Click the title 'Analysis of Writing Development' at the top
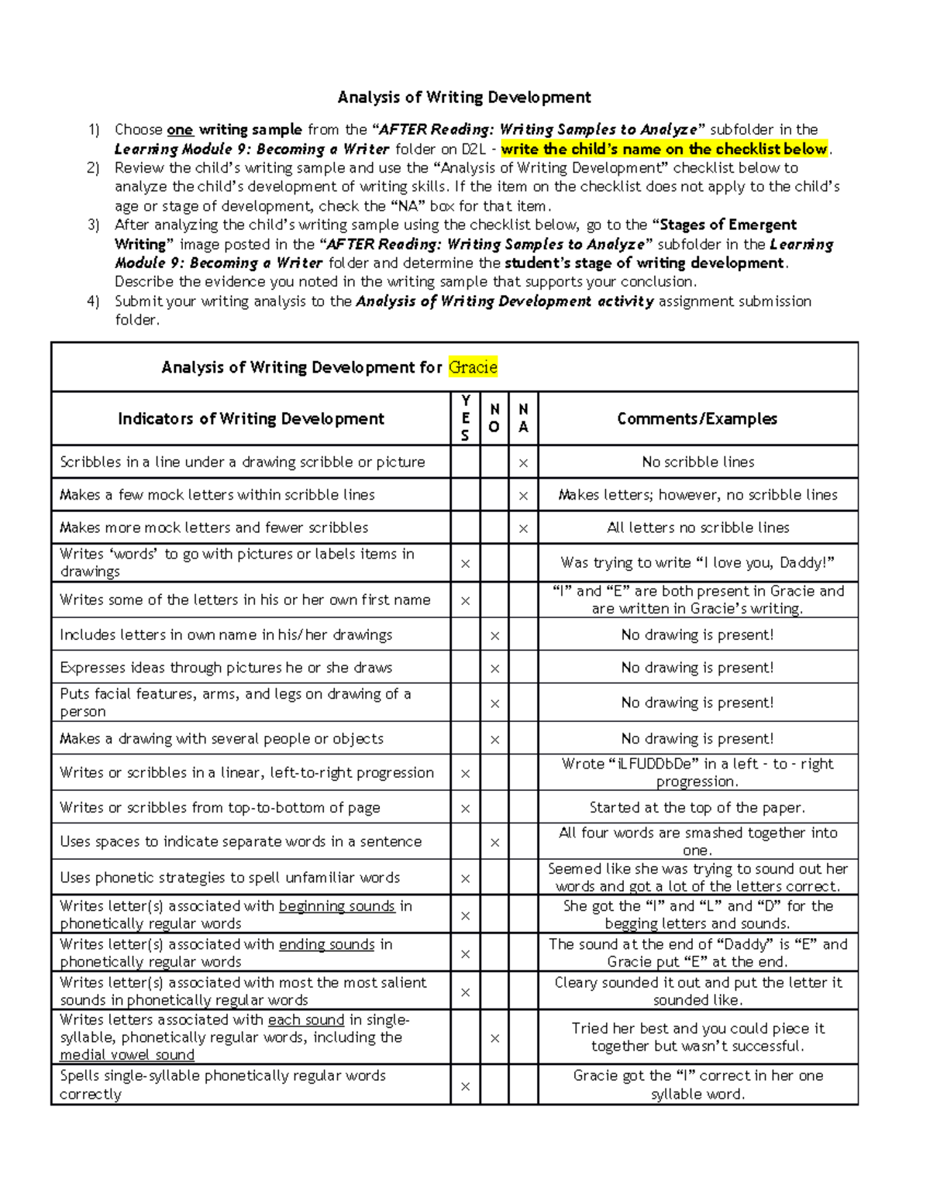click(464, 98)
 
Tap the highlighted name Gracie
click(473, 367)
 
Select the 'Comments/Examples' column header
click(697, 419)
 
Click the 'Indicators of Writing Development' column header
click(250, 419)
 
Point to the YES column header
click(465, 418)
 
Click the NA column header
click(523, 418)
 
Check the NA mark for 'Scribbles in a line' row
click(523, 463)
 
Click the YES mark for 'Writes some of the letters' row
click(465, 601)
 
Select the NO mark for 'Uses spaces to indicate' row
click(494, 843)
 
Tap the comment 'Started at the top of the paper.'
click(697, 808)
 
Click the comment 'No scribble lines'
click(697, 462)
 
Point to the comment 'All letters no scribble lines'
click(697, 528)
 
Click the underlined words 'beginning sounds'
click(336, 906)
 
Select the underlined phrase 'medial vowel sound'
click(127, 1055)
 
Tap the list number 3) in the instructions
click(93, 225)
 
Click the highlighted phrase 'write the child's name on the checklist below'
click(664, 150)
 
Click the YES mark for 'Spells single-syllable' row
click(465, 1087)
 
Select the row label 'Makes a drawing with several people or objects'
click(222, 739)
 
